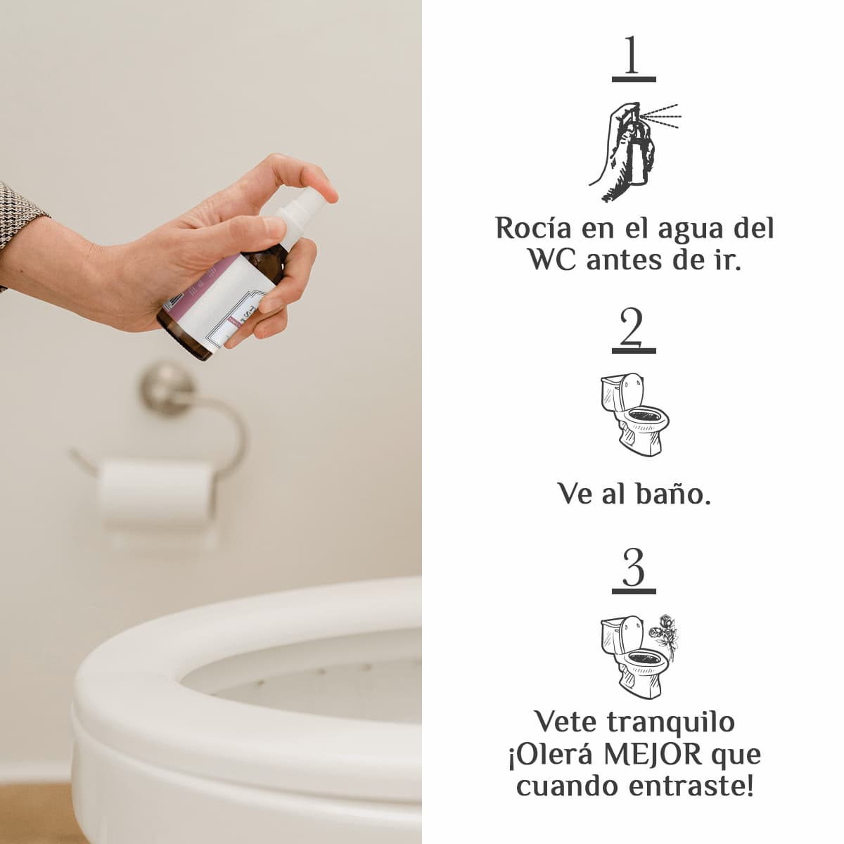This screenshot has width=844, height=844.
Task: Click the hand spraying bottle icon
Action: pos(634,151)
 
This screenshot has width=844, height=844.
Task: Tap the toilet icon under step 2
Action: pos(634,414)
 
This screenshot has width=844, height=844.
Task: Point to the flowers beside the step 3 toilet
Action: pos(663,637)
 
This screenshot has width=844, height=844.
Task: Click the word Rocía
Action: pos(533,228)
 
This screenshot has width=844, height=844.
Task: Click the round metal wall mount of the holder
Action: pos(167,388)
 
